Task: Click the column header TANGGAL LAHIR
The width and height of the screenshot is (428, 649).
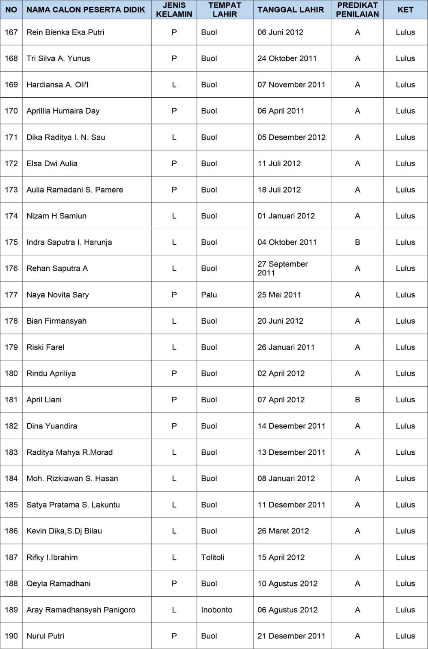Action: [290, 10]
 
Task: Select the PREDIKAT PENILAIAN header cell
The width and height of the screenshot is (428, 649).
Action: [357, 10]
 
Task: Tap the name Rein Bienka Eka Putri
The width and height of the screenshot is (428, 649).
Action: [65, 32]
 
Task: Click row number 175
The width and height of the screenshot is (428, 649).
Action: [11, 242]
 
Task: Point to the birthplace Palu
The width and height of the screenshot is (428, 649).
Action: [209, 295]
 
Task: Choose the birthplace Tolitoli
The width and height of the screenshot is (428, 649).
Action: [212, 557]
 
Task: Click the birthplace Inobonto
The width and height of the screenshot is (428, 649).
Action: [216, 610]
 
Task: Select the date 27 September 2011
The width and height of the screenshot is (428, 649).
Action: [283, 268]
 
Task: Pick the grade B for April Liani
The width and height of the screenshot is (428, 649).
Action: [357, 400]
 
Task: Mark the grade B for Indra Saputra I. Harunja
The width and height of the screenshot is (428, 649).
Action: [357, 242]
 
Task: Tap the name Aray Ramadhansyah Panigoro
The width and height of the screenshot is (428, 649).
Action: [81, 610]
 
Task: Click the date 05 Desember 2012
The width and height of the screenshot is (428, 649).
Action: [291, 137]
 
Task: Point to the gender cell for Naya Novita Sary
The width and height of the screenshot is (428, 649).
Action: [174, 295]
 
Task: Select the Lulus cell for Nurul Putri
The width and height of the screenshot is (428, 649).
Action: [405, 636]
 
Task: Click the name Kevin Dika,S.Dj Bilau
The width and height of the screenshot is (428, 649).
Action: [64, 531]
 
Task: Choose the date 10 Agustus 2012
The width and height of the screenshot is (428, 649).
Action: [287, 583]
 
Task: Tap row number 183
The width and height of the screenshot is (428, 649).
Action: [11, 452]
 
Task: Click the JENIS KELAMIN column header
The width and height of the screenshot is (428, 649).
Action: [174, 10]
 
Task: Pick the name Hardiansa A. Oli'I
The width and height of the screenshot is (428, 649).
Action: [57, 85]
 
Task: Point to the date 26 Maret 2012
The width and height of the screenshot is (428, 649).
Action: [283, 531]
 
